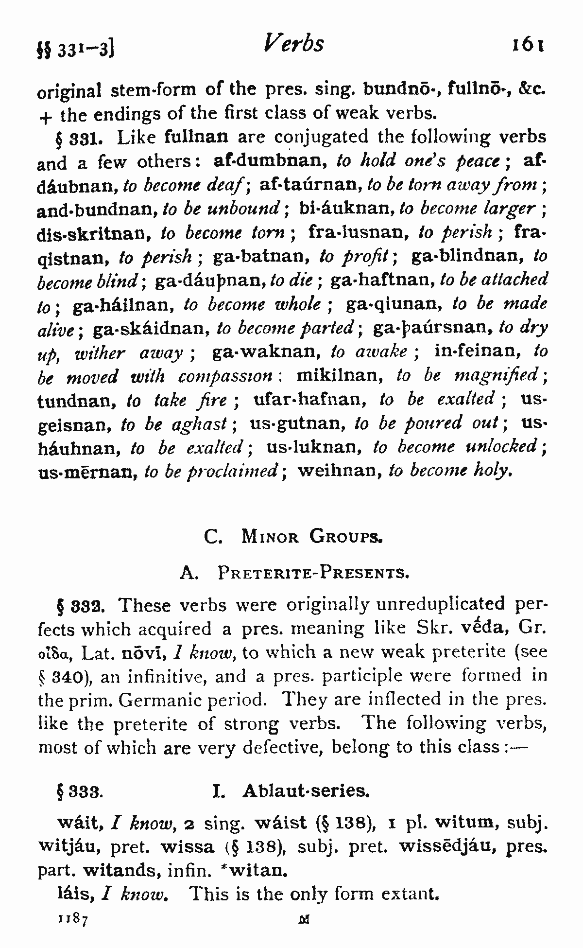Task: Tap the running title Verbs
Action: pos(293,44)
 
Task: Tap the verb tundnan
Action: pos(78,401)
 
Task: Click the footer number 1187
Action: pos(72,919)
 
